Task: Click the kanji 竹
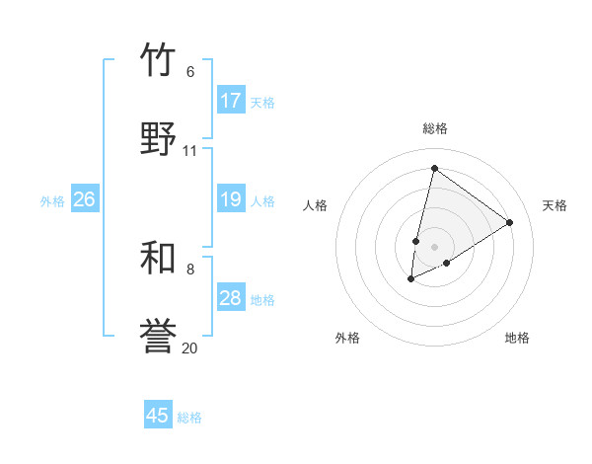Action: [x=158, y=60]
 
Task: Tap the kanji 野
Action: [x=158, y=139]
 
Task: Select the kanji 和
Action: [x=158, y=258]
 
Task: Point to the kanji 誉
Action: [x=158, y=337]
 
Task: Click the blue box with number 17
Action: [x=231, y=101]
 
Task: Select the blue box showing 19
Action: [x=231, y=199]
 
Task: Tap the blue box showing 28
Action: [x=231, y=298]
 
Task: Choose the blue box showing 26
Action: [x=84, y=199]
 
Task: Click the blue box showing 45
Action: [x=158, y=416]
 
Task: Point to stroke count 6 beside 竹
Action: [x=190, y=72]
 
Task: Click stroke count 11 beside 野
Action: [x=190, y=151]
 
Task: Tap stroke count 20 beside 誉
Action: [x=190, y=348]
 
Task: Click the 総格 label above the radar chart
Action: [x=434, y=128]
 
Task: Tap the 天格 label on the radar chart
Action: [x=555, y=205]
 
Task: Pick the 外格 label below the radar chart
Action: [x=347, y=338]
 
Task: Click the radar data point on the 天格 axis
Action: [x=510, y=222]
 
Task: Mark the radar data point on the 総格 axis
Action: [x=434, y=169]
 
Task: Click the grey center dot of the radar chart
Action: [x=434, y=247]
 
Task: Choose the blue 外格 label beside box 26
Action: [x=52, y=200]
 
